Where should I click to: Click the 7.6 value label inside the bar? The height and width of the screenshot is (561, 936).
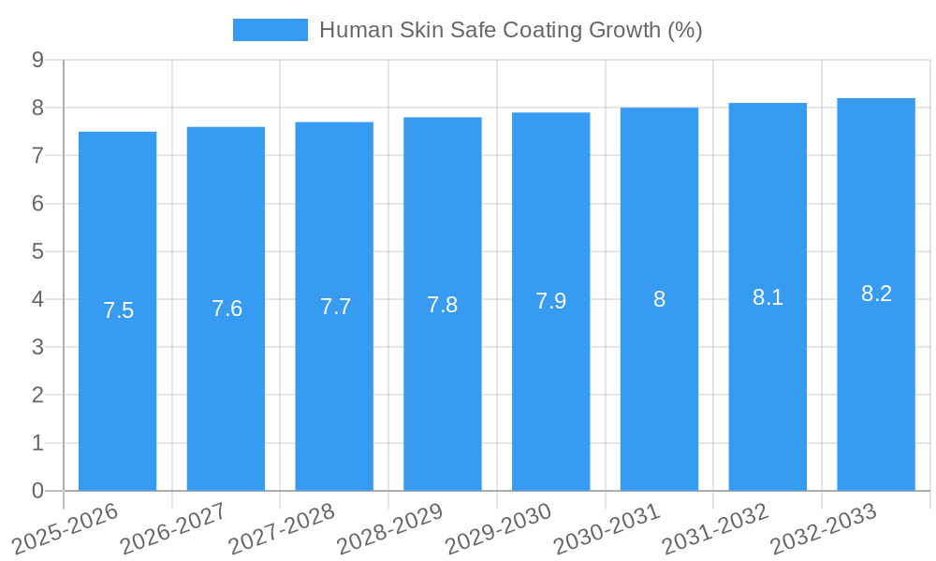(x=227, y=309)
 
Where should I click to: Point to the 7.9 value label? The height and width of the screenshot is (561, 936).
(x=550, y=301)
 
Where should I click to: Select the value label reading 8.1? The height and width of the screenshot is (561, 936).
(x=768, y=297)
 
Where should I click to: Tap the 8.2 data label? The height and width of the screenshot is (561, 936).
(x=876, y=294)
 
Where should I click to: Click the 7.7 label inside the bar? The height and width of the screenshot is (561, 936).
(x=335, y=307)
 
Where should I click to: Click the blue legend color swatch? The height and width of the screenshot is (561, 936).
(x=270, y=30)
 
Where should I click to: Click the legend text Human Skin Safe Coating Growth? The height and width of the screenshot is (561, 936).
(x=510, y=30)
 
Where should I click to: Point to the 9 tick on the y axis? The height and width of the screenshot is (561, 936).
(x=37, y=60)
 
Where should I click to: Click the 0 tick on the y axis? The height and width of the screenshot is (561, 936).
(x=37, y=491)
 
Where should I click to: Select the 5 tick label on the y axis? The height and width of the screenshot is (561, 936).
(x=37, y=252)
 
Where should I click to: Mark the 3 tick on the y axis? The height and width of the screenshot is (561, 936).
(x=37, y=347)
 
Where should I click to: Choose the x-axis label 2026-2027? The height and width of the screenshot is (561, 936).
(x=174, y=527)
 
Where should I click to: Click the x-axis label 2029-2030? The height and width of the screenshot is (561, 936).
(x=499, y=527)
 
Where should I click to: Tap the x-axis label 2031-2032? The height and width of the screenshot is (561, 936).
(x=716, y=527)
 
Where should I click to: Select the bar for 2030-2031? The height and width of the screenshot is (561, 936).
(x=659, y=393)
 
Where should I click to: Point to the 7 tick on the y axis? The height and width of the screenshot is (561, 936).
(x=37, y=155)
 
